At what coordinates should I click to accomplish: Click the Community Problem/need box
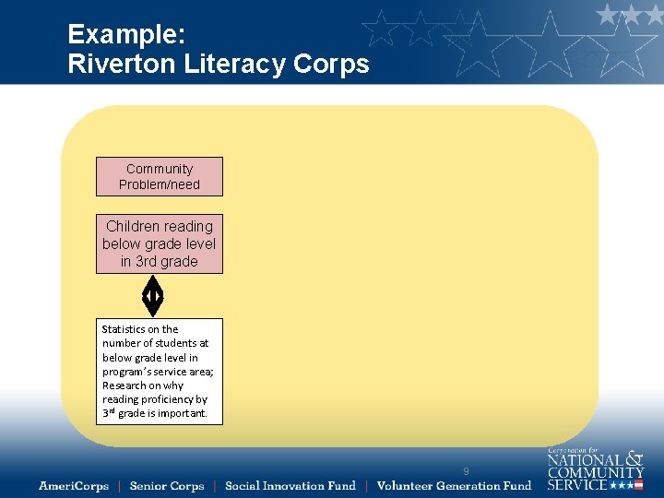tap(160, 176)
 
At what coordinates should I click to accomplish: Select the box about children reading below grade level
tap(160, 244)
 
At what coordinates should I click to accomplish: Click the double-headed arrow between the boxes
tap(153, 296)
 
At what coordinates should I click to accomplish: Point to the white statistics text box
tap(160, 372)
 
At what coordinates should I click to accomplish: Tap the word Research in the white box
tap(125, 385)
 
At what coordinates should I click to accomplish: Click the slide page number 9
tap(466, 471)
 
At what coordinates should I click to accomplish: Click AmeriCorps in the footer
tap(74, 486)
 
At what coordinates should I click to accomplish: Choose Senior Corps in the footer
tap(167, 486)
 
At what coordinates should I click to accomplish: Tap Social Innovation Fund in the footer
tap(290, 486)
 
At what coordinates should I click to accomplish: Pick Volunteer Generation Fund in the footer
tap(454, 486)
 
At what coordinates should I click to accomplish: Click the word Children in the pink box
tap(133, 227)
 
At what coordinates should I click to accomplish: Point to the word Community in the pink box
tap(160, 169)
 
